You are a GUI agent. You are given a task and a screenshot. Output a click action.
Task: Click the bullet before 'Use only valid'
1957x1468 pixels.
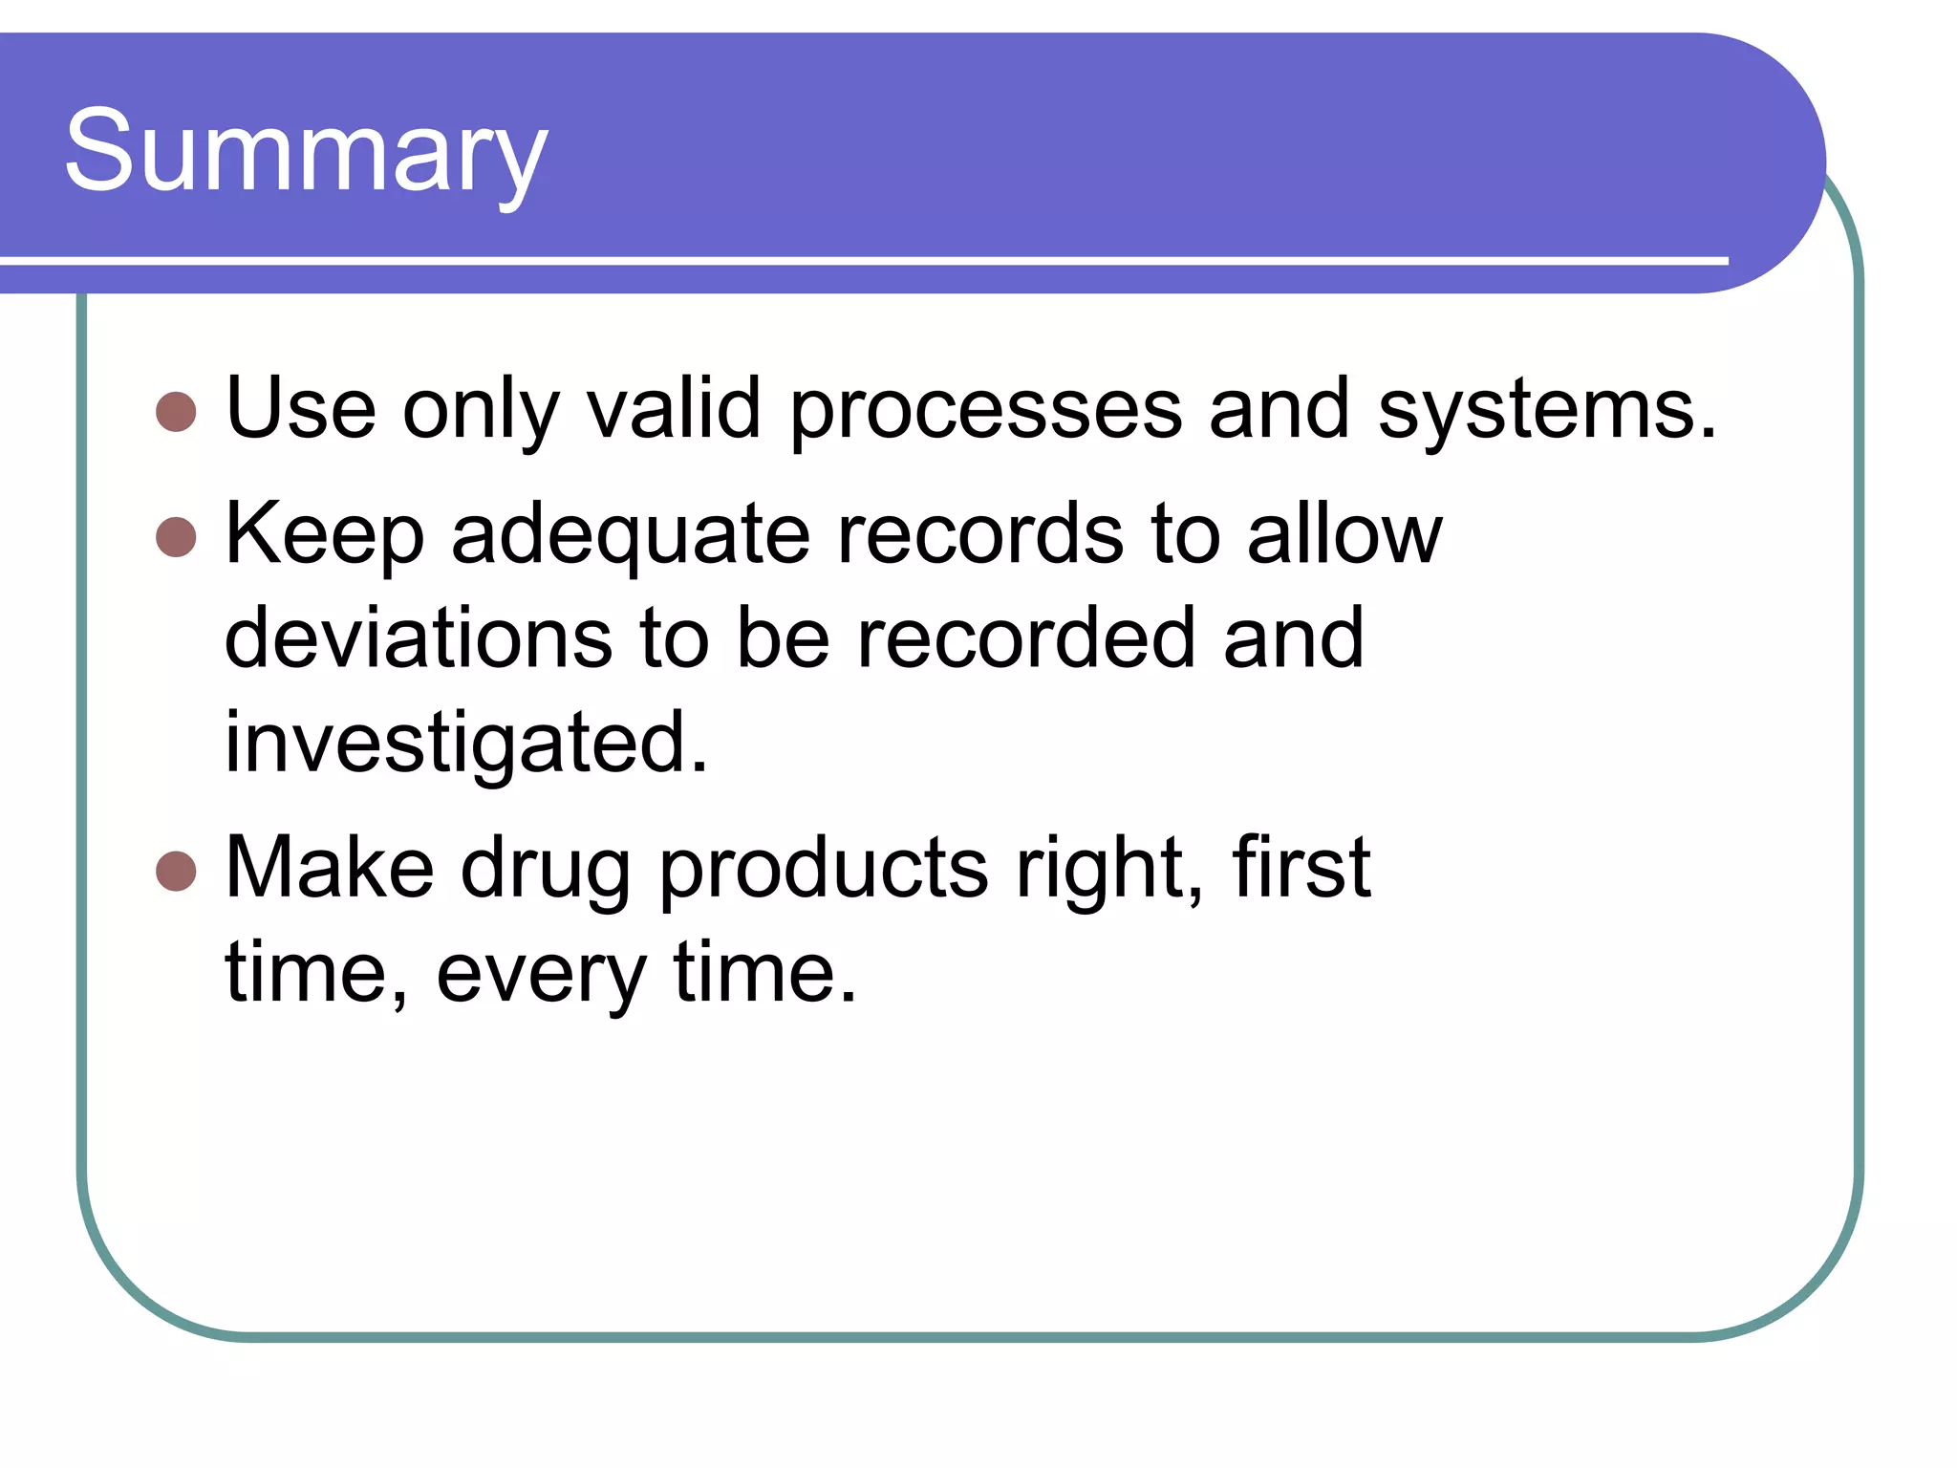pos(176,412)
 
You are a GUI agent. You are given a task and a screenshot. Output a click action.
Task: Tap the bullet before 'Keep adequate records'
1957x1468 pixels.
pos(176,536)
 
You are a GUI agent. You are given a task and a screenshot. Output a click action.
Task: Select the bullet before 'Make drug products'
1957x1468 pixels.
pos(176,871)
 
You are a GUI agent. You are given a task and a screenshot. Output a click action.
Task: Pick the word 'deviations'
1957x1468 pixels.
pos(419,638)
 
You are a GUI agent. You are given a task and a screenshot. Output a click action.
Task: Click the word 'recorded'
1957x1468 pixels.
pos(1025,638)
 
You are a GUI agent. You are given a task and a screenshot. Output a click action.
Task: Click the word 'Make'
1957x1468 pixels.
pos(330,868)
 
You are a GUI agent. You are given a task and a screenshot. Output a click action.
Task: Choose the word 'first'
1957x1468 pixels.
pos(1301,868)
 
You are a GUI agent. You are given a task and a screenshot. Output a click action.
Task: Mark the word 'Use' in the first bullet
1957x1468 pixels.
pos(301,409)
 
